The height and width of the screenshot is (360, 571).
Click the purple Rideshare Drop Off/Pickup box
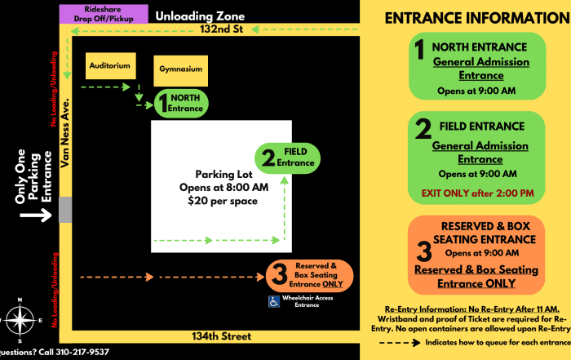coord(103,14)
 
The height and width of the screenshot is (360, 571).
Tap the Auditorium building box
coord(108,65)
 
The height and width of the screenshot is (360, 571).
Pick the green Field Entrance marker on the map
coord(288,158)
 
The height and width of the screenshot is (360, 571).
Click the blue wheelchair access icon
coord(274,302)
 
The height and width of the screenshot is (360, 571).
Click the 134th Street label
coord(206,336)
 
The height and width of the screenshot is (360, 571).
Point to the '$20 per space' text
coord(222,201)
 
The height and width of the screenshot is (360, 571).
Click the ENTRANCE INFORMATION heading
coord(476,18)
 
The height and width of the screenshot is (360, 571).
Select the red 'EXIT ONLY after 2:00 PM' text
coord(476,193)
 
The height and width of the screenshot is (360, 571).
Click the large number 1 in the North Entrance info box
coord(419,51)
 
